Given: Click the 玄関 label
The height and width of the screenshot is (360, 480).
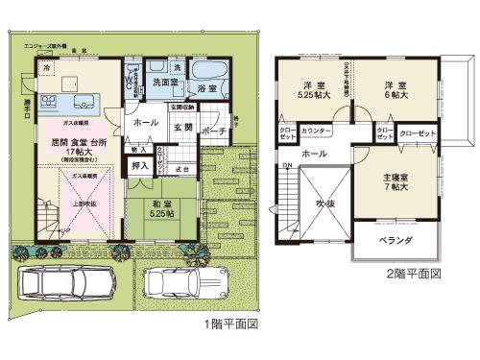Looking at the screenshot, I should click(x=183, y=126).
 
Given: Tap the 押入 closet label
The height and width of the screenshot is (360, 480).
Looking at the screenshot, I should click(x=140, y=167).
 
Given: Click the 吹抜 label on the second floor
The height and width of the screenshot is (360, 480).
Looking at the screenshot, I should click(x=320, y=204).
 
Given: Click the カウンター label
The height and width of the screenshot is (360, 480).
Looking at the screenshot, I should click(x=316, y=129).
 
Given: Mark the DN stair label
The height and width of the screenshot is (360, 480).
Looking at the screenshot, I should click(x=287, y=165).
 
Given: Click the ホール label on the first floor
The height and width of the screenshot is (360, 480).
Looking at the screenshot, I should click(x=145, y=124).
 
